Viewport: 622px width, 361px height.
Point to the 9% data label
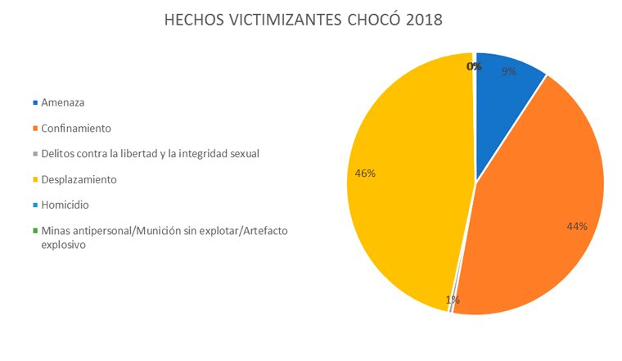pos(509,72)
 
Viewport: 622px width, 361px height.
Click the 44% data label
pos(577,226)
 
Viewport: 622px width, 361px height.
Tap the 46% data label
pos(364,173)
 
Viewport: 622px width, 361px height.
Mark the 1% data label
pos(453,300)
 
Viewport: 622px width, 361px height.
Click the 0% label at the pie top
pos(473,66)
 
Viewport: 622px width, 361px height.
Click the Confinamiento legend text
pos(76,129)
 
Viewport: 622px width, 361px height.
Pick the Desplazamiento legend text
pos(79,178)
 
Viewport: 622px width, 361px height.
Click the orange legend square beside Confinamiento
pos(34,129)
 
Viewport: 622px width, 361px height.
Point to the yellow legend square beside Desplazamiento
pos(34,179)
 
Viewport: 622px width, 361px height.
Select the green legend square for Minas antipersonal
pos(34,230)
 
